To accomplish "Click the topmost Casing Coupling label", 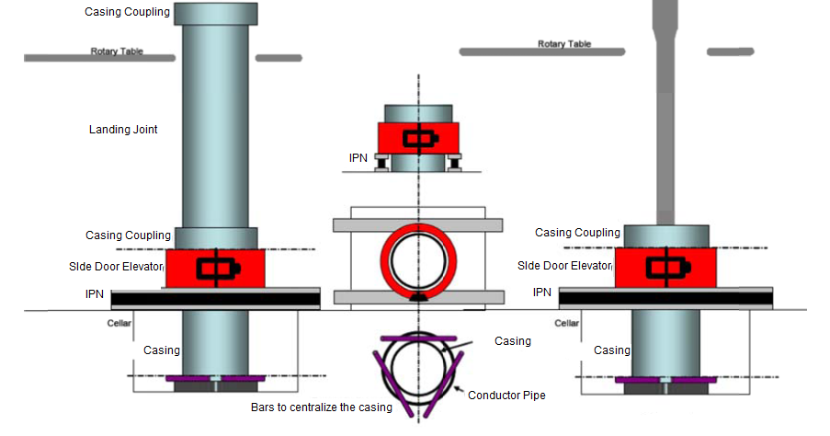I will [127, 12].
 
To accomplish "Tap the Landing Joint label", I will [122, 130].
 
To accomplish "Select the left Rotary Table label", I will [117, 52].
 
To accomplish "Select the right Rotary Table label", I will [563, 44].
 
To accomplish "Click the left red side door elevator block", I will [215, 268].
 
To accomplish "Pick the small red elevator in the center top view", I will [419, 139].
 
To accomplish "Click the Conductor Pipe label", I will [506, 396].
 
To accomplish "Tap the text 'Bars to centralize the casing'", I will [322, 407].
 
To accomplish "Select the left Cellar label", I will [119, 323].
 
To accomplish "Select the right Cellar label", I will [567, 323].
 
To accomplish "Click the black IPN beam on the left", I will [215, 298].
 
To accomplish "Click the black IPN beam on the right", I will [665, 298].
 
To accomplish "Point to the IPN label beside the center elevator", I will [358, 158].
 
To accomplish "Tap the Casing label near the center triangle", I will [513, 341].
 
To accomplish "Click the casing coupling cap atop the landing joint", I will [215, 13].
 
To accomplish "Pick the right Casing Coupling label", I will [577, 233].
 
